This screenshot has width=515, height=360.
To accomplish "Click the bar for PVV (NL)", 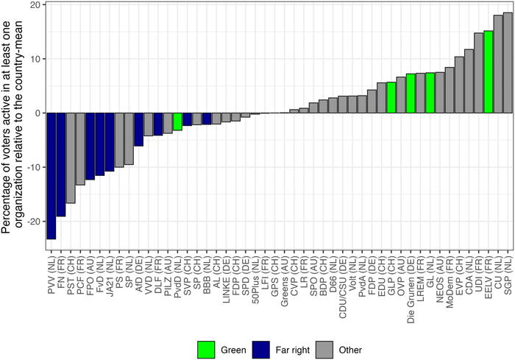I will [x=51, y=176].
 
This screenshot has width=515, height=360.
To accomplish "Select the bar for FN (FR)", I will [x=61, y=164].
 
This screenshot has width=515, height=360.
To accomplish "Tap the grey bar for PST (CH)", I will [x=71, y=158].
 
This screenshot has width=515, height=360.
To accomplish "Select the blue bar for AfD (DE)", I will [x=138, y=130].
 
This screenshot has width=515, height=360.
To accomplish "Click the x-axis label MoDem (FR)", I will [x=450, y=273].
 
